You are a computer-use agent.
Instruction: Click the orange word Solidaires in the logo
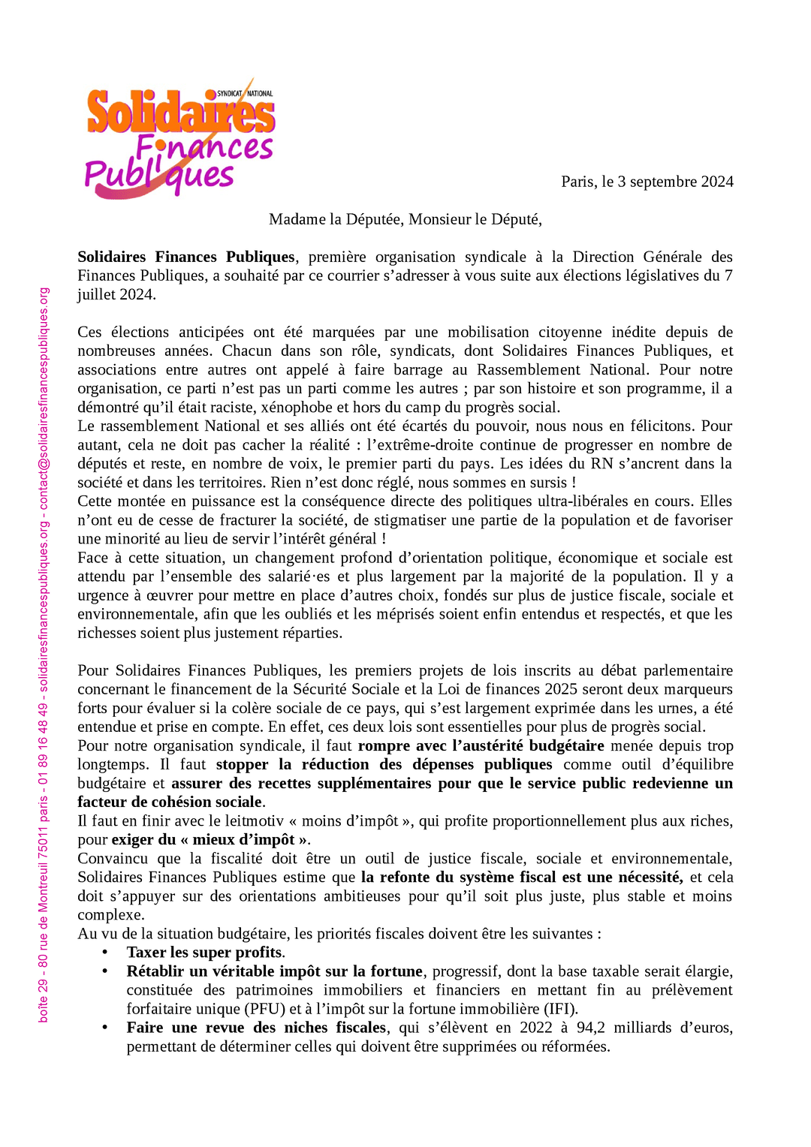180,113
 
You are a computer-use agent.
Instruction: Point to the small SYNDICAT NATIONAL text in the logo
245,94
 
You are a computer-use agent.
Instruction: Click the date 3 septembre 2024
675,182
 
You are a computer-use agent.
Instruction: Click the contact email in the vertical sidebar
44,399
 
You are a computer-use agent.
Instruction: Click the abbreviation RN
602,464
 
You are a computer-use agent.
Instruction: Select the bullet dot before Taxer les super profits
105,953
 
